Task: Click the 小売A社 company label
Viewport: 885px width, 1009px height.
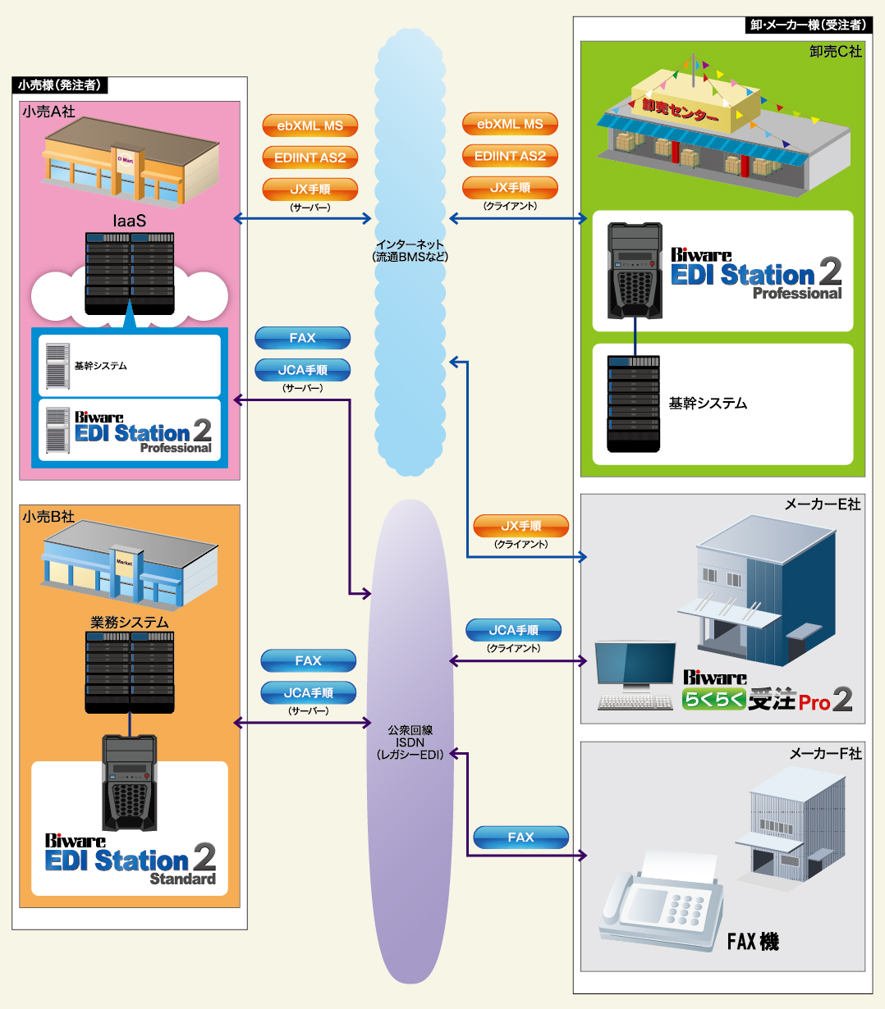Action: pos(49,112)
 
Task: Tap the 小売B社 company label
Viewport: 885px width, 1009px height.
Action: pos(48,517)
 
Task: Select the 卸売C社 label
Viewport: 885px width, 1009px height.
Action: pos(835,52)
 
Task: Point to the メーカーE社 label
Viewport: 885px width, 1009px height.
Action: pos(823,504)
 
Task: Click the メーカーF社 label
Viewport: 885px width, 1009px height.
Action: pos(825,753)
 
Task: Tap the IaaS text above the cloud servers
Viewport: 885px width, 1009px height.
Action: pos(130,221)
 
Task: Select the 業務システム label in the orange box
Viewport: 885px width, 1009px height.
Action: pos(130,623)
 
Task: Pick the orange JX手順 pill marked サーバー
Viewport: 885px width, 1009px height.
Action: pos(310,189)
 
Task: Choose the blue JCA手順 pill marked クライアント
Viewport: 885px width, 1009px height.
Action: pos(514,630)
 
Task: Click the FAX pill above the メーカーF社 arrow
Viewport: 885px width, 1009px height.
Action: pos(521,838)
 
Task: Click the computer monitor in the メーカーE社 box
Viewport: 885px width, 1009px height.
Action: pos(635,665)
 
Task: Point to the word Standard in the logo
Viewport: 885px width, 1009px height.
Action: pos(183,879)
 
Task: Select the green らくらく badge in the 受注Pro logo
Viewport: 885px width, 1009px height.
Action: pos(714,700)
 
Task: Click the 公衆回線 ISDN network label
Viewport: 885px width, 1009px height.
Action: pos(410,742)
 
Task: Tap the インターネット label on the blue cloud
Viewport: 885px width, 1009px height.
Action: pos(410,250)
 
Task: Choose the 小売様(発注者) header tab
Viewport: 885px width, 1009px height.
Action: pos(60,84)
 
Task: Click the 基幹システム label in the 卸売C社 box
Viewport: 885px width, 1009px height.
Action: pos(708,404)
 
